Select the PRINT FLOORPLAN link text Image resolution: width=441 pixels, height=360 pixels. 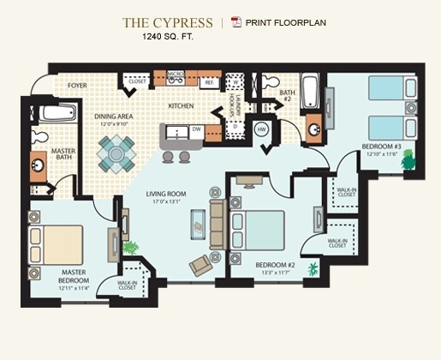285,22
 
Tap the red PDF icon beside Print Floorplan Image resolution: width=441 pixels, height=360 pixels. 236,22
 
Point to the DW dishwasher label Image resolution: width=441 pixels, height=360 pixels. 197,130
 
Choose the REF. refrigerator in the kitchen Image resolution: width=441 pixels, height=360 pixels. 208,83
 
